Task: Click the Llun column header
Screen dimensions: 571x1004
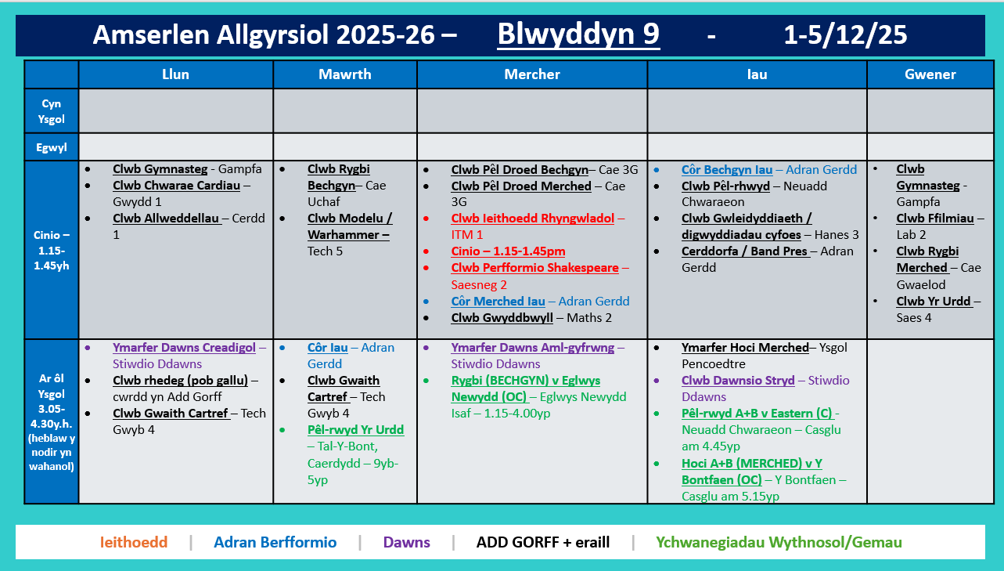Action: (175, 74)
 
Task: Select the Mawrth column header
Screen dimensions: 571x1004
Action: (344, 74)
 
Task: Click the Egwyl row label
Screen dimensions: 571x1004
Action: (51, 146)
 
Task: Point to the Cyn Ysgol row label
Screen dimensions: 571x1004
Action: (51, 111)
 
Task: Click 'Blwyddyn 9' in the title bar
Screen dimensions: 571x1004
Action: (578, 34)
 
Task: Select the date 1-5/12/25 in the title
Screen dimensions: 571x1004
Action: (845, 35)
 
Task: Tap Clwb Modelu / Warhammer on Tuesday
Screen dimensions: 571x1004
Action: (350, 226)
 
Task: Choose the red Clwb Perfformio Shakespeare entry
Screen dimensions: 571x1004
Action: (534, 268)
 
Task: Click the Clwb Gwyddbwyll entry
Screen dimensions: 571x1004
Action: (502, 318)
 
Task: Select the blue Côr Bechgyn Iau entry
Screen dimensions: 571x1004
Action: (726, 170)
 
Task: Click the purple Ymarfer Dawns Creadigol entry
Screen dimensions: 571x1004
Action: (184, 348)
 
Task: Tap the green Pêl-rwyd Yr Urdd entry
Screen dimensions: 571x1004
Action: (355, 429)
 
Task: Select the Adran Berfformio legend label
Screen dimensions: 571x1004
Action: (275, 542)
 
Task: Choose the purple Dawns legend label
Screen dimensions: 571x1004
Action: (406, 542)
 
